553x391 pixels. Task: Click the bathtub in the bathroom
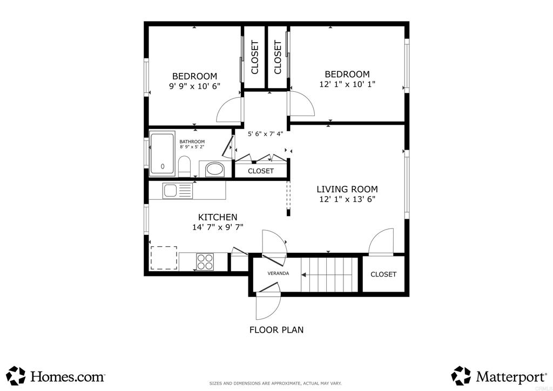[162, 153]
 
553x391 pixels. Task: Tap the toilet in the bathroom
[184, 166]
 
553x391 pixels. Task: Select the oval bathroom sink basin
[215, 169]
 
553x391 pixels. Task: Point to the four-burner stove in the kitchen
[205, 261]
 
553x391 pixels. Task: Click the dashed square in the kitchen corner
[164, 258]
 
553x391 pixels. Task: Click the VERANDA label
[278, 273]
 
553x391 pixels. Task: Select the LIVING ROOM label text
[347, 189]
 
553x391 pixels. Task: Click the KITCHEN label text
[218, 217]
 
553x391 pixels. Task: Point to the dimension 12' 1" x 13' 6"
[347, 199]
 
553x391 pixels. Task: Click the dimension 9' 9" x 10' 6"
[194, 86]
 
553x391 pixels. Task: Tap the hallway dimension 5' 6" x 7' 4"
[265, 134]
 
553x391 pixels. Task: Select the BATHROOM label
[192, 141]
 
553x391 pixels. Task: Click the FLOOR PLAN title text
[276, 329]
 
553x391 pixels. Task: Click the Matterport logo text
[511, 377]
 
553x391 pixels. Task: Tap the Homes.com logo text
[68, 376]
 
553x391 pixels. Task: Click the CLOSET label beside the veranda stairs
[383, 274]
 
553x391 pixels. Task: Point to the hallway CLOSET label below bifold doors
[261, 171]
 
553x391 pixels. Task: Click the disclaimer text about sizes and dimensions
[275, 383]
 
